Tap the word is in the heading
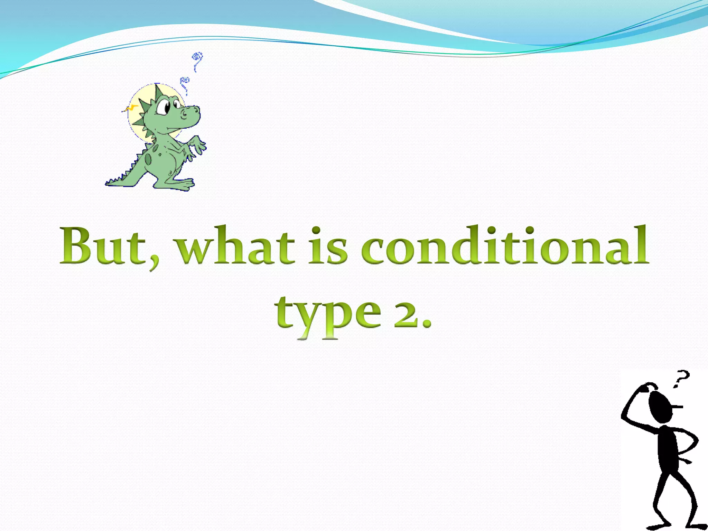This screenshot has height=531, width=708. [328, 246]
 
